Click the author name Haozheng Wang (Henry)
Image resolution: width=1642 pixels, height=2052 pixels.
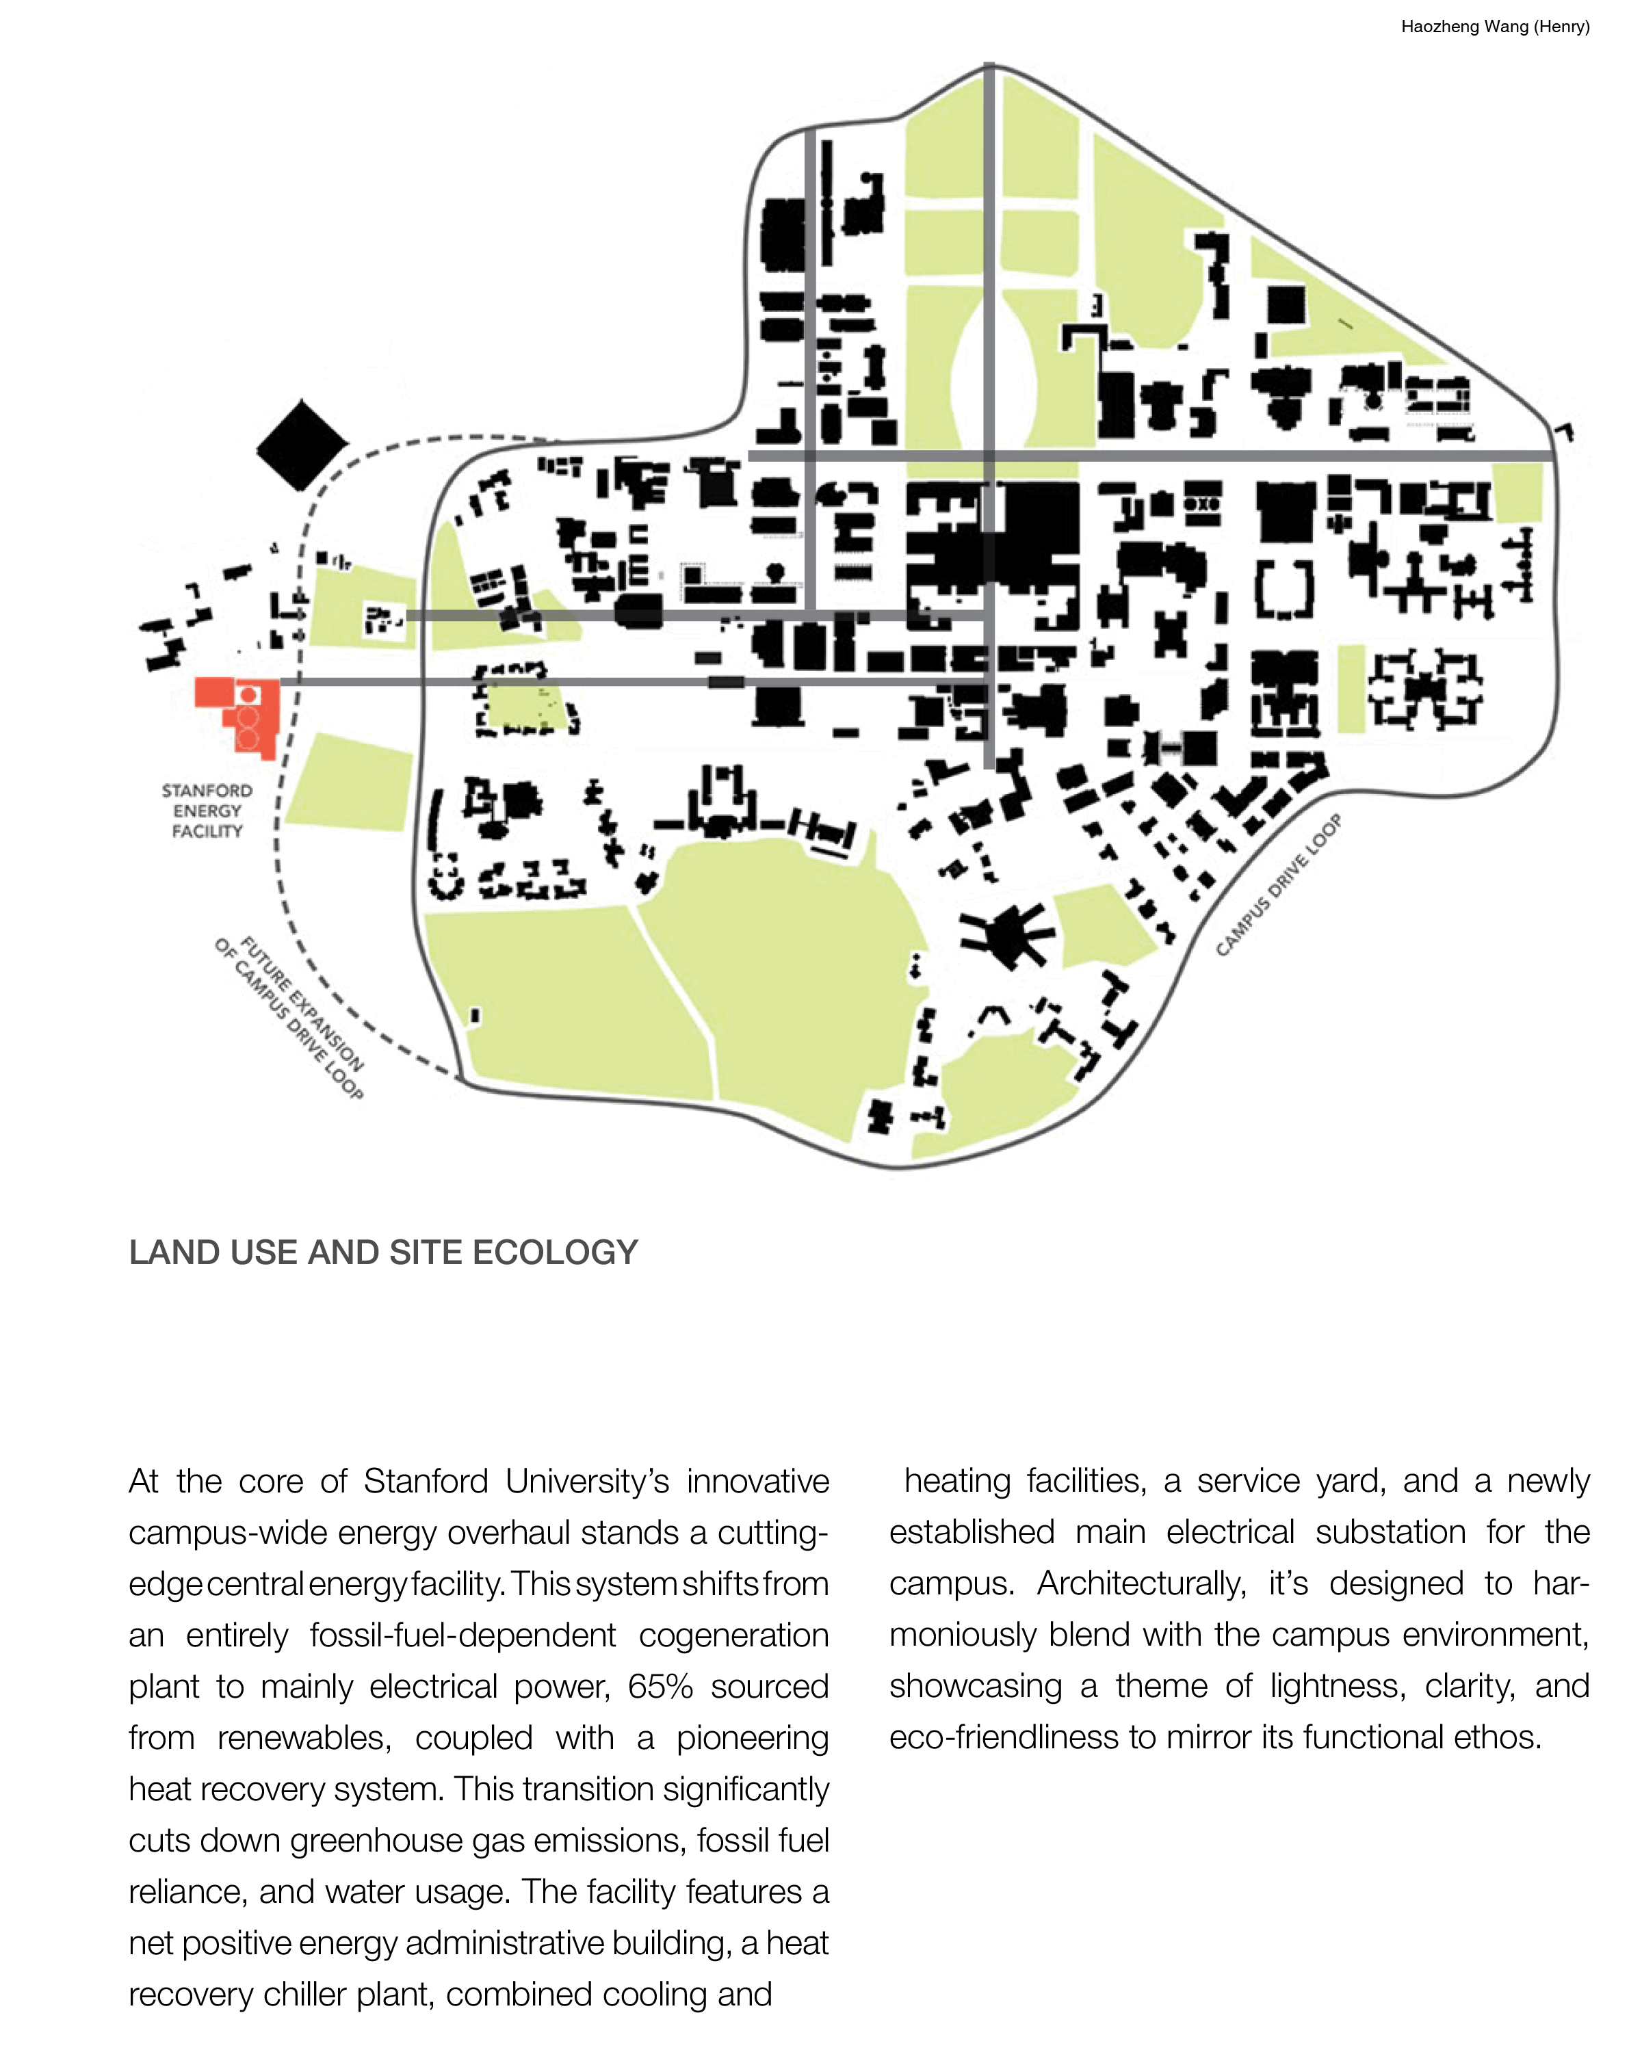tap(1494, 27)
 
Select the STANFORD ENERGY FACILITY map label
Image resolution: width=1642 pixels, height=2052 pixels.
tap(207, 811)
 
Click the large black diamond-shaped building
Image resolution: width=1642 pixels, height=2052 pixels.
tap(302, 445)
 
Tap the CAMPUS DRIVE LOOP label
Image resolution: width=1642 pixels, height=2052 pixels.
tap(1279, 885)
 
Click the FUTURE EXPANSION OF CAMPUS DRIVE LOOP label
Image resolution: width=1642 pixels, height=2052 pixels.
tap(289, 1018)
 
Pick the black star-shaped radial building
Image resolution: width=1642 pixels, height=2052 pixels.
tap(1005, 933)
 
